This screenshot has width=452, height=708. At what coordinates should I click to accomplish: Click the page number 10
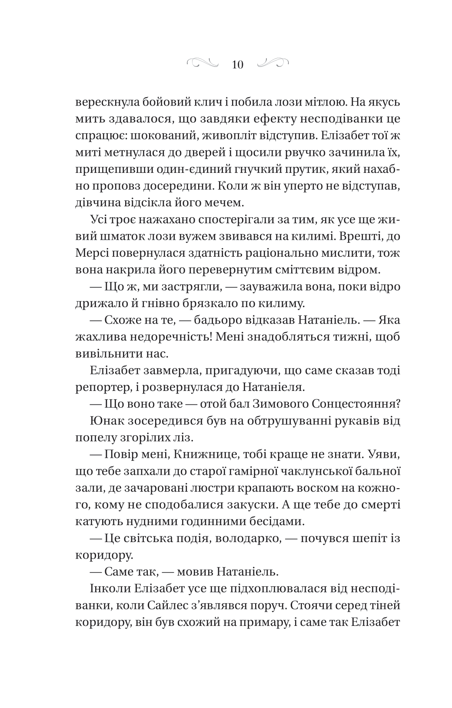click(237, 65)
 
